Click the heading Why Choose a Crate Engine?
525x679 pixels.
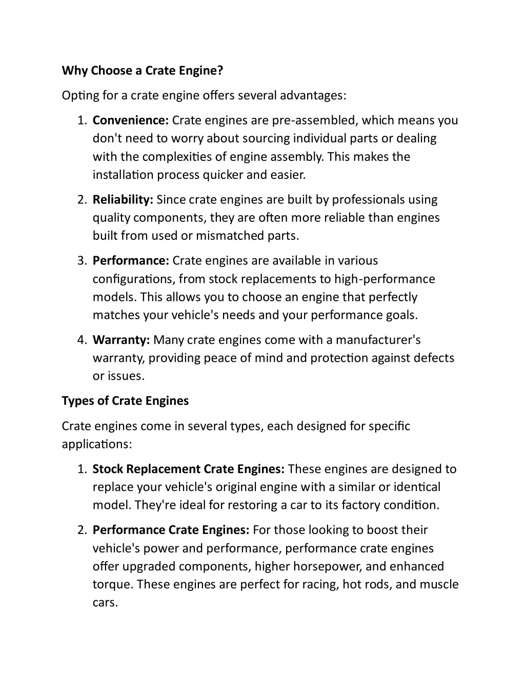point(143,71)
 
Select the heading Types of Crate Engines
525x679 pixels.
point(125,401)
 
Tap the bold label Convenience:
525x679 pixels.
point(131,120)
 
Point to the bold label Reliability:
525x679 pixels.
point(123,200)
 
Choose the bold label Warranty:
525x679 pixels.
point(121,340)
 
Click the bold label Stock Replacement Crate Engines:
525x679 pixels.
point(189,469)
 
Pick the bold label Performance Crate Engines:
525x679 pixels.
point(171,530)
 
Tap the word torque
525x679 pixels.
point(112,585)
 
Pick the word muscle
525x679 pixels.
point(439,585)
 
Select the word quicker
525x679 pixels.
point(223,175)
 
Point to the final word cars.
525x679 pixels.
point(105,603)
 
